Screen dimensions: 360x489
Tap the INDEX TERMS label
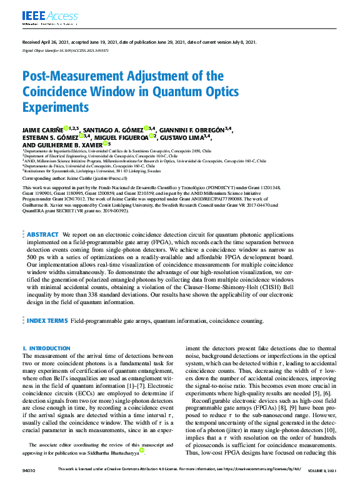click(x=46, y=320)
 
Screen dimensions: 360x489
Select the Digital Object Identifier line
click(x=65, y=50)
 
